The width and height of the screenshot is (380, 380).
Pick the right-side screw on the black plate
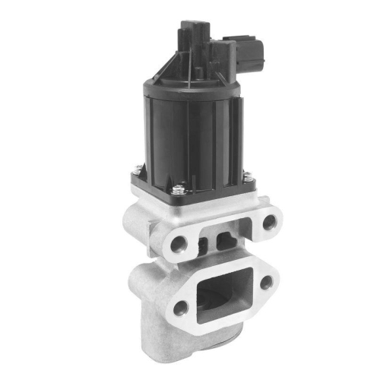pos(246,177)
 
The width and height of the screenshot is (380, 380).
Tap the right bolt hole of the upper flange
pos(268,222)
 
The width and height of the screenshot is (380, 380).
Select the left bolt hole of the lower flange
pos(179,309)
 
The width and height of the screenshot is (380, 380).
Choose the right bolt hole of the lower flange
pos(267,282)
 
